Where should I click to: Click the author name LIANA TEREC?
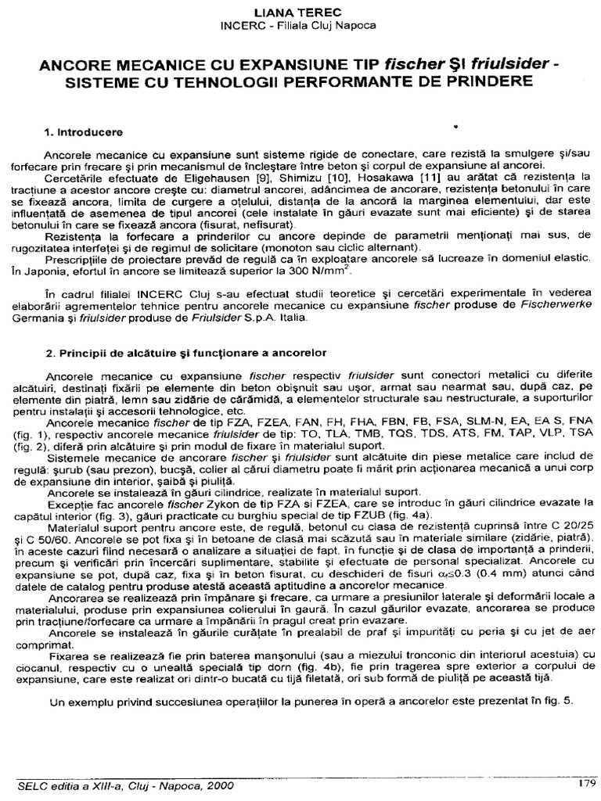[x=300, y=13]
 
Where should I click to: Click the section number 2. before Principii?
[x=49, y=351]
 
